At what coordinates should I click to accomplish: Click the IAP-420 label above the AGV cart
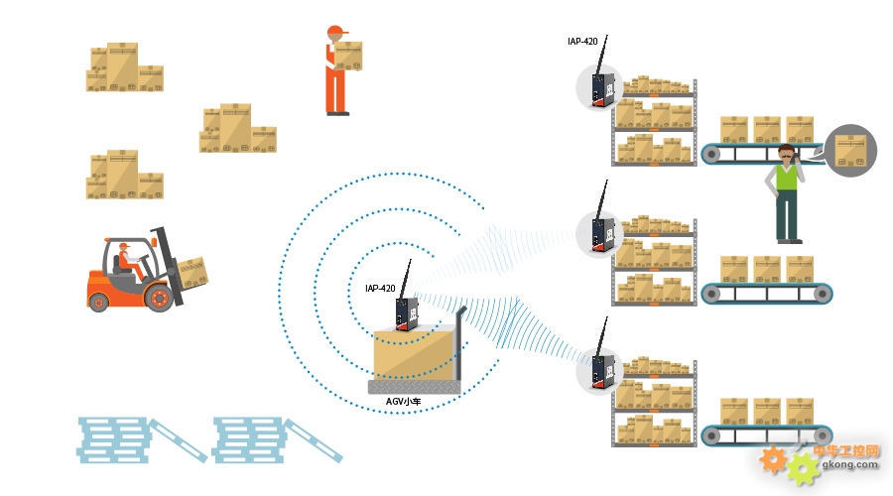[x=380, y=288]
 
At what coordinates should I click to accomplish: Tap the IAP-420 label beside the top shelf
[x=582, y=41]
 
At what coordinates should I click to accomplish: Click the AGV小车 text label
[x=403, y=402]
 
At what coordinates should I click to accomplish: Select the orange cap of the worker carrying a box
[x=336, y=30]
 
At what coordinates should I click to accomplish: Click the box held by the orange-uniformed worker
[x=348, y=56]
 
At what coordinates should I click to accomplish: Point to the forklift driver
[x=129, y=261]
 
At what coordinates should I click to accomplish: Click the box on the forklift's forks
[x=192, y=273]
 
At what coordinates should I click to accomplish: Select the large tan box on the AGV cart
[x=414, y=353]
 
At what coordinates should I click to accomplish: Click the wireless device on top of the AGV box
[x=407, y=314]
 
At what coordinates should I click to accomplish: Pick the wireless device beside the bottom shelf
[x=603, y=371]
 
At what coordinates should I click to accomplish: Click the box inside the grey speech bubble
[x=850, y=151]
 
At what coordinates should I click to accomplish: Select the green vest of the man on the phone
[x=787, y=177]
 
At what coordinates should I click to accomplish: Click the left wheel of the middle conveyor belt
[x=710, y=294]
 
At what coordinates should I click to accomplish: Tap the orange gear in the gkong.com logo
[x=773, y=460]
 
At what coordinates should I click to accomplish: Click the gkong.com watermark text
[x=849, y=464]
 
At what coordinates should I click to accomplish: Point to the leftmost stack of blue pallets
[x=113, y=439]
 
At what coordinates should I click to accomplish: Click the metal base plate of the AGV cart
[x=414, y=387]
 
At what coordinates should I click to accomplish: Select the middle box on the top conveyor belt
[x=767, y=130]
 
